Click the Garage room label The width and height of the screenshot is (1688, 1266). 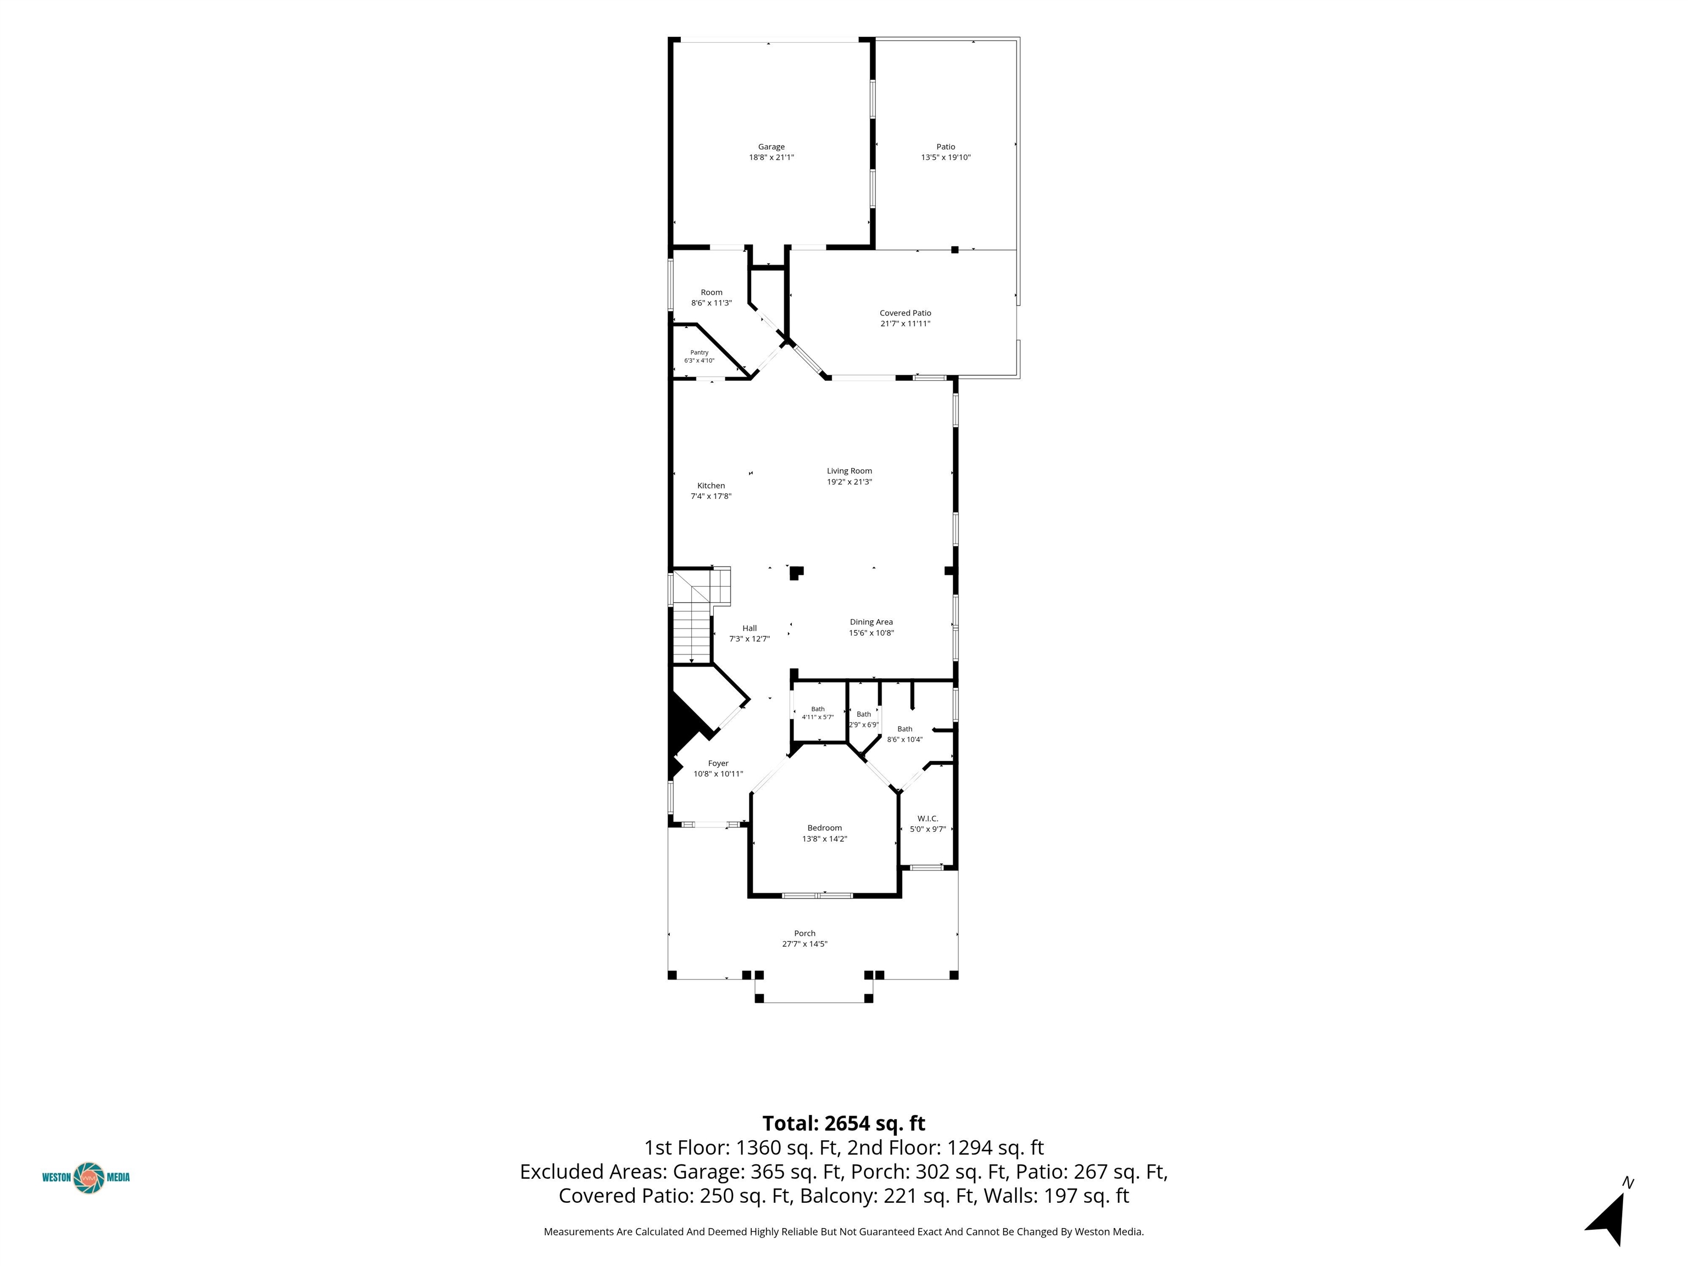(771, 147)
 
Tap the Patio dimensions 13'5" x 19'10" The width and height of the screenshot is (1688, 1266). (946, 157)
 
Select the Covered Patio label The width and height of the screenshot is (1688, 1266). (905, 313)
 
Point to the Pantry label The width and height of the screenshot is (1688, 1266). (699, 353)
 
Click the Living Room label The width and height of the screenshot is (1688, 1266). (849, 471)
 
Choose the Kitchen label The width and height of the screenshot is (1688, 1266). (711, 485)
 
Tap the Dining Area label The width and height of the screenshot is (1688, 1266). (871, 622)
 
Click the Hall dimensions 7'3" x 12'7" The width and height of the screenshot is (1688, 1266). (749, 638)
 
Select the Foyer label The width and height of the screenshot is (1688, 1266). (718, 763)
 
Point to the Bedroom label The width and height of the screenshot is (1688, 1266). (825, 828)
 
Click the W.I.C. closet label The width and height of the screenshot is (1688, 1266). (928, 819)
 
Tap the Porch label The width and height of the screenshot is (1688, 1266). (805, 933)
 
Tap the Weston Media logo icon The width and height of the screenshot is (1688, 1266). (89, 1178)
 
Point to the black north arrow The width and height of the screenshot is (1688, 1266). (1607, 1219)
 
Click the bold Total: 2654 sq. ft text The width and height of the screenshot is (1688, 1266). (844, 1123)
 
